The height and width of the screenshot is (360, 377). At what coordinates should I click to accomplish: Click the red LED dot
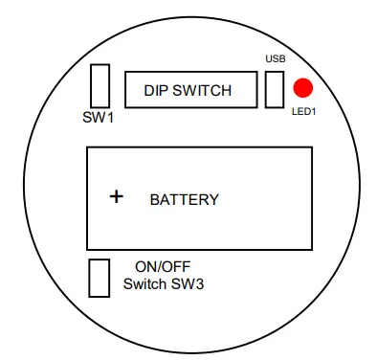pyautogui.click(x=303, y=89)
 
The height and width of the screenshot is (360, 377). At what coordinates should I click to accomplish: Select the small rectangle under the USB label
pyautogui.click(x=275, y=89)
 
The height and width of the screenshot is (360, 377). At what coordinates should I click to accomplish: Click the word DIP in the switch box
pyautogui.click(x=156, y=91)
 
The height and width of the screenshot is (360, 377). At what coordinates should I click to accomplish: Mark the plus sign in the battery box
pyautogui.click(x=117, y=196)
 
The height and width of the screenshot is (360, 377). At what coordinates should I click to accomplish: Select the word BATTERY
pyautogui.click(x=185, y=200)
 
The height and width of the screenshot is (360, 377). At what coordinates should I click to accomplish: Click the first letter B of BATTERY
pyautogui.click(x=155, y=200)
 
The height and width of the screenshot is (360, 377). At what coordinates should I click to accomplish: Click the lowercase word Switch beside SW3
pyautogui.click(x=147, y=284)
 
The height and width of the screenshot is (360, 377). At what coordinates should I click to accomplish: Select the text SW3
pyautogui.click(x=188, y=284)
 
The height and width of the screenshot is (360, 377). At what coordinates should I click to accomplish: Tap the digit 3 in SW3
pyautogui.click(x=199, y=284)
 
